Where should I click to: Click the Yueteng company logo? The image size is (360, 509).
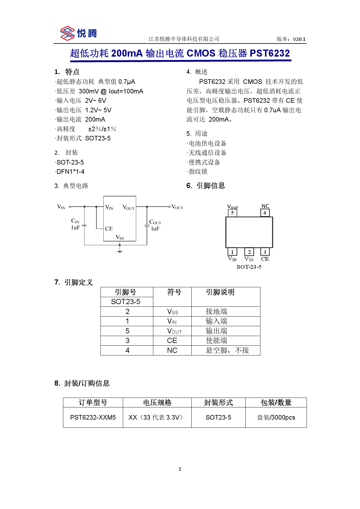point(78,33)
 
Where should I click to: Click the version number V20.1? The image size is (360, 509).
point(299,39)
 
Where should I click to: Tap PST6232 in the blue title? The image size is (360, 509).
point(269,53)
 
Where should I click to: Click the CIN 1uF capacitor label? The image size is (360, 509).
point(75,224)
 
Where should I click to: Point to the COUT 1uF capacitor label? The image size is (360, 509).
point(155,225)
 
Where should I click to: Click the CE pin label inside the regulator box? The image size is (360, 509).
point(109,229)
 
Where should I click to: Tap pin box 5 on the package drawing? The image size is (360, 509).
point(232,213)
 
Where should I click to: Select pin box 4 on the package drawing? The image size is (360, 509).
point(265,213)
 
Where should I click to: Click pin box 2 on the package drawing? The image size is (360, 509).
point(249,252)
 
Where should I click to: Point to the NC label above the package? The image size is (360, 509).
point(265,206)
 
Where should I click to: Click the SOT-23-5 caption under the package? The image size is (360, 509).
point(249,267)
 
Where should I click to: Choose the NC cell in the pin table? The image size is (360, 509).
point(172,351)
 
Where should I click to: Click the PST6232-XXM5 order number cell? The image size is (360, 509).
point(93,417)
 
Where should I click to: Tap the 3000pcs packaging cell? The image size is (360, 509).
point(276,417)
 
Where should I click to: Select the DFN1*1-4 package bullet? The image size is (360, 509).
point(70,172)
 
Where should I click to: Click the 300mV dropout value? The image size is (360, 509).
point(89,91)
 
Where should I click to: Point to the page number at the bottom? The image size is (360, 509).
point(180,469)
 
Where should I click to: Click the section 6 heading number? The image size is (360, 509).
point(189,186)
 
